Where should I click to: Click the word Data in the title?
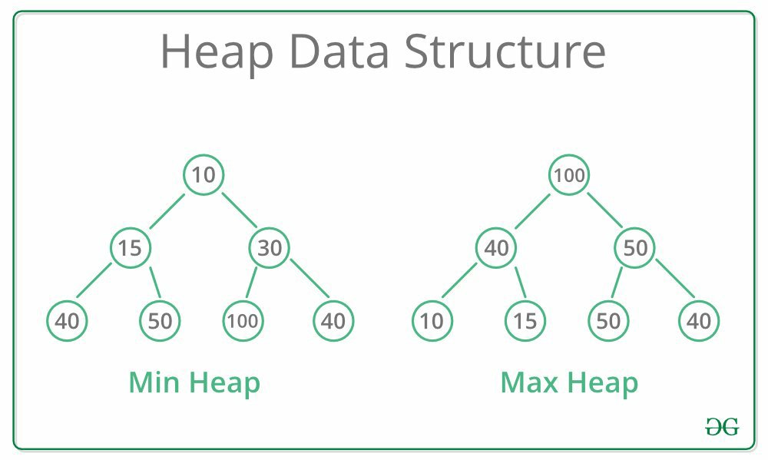click(x=339, y=51)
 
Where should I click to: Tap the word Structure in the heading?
click(x=505, y=51)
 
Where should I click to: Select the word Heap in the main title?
click(x=217, y=54)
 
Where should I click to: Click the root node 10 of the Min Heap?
click(x=204, y=175)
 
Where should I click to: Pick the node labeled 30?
click(x=270, y=248)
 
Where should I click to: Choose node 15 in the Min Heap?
click(x=131, y=248)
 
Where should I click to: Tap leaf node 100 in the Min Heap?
click(x=243, y=321)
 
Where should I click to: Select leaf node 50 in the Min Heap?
click(x=161, y=321)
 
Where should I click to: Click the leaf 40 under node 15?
click(x=67, y=321)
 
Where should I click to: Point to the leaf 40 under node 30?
click(x=333, y=321)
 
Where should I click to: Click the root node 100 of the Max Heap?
click(x=568, y=175)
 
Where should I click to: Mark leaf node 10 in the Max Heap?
click(x=432, y=321)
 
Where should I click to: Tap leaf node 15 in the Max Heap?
click(x=525, y=321)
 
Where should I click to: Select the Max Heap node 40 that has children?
click(x=495, y=248)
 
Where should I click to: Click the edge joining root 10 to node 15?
click(x=167, y=212)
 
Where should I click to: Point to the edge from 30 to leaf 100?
click(x=251, y=283)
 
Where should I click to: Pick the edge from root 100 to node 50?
click(x=605, y=210)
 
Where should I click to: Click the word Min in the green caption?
click(x=154, y=382)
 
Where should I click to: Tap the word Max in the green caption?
click(x=529, y=382)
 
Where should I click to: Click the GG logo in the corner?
click(x=722, y=427)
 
